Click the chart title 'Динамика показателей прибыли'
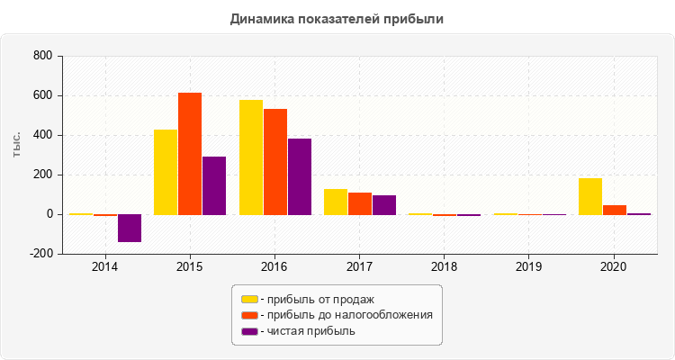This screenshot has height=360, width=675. pos(337,18)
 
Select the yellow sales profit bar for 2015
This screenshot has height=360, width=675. pos(166,172)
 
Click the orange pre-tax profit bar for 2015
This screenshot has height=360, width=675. pos(190,154)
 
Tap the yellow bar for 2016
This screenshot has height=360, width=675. pos(251,157)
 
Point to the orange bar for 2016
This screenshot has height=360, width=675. pos(275,162)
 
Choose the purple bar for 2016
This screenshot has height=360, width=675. pos(300,176)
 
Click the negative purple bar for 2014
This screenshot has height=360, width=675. pos(130,229)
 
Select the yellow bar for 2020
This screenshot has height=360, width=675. pos(590,196)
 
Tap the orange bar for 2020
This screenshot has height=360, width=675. pos(615,210)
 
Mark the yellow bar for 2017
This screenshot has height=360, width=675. pos(336,202)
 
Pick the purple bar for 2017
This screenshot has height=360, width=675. pos(384,205)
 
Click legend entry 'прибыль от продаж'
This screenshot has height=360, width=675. pos(316,299)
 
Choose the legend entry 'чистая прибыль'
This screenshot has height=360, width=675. pos(307,331)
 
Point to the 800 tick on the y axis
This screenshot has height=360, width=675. pos(42,57)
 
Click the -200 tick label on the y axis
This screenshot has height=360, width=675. pos(41,255)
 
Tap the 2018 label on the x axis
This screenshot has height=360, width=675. pos(445,267)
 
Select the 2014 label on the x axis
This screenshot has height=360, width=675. pos(105,267)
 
